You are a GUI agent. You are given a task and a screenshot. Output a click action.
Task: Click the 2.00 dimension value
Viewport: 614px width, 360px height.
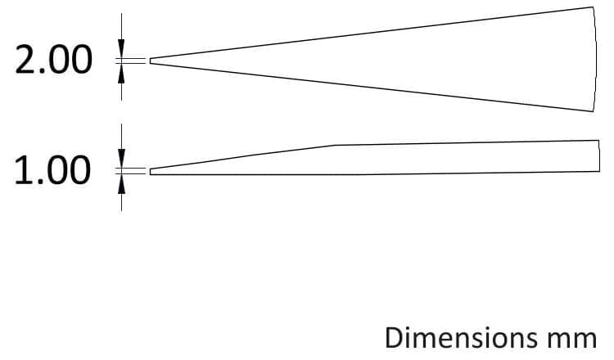[53, 60]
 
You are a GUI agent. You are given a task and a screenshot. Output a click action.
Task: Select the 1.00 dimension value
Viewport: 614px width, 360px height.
[52, 170]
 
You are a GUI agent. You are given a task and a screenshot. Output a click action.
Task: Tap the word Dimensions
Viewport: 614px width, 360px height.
[461, 337]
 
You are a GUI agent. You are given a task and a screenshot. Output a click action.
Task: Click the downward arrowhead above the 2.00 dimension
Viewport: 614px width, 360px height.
[121, 48]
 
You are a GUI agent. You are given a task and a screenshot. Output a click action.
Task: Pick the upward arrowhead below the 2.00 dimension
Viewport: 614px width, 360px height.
[121, 73]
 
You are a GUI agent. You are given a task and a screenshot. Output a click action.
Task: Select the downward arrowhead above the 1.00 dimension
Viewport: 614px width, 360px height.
[121, 159]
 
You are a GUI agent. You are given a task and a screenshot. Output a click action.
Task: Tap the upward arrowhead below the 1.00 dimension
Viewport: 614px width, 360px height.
[121, 183]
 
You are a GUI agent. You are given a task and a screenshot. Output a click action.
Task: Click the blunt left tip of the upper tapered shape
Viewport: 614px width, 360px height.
[150, 61]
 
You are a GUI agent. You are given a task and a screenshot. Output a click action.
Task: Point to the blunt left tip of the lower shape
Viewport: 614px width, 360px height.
[150, 171]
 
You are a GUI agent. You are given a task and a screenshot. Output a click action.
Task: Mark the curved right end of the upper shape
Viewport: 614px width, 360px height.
[596, 59]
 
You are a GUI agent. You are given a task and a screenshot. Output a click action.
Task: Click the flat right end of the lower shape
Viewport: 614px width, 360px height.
[599, 155]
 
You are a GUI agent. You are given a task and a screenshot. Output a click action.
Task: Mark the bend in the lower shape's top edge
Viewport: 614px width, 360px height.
[334, 145]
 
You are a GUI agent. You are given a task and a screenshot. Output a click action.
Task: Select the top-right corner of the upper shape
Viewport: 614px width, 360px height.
[593, 7]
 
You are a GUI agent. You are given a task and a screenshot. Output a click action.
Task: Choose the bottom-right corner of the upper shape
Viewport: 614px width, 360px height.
[593, 111]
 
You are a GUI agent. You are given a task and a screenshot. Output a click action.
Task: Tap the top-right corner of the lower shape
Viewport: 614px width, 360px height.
[599, 140]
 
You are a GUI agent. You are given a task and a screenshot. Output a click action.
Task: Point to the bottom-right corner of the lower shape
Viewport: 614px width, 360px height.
[599, 171]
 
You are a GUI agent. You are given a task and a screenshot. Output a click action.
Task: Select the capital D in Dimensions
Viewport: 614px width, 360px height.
[395, 337]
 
